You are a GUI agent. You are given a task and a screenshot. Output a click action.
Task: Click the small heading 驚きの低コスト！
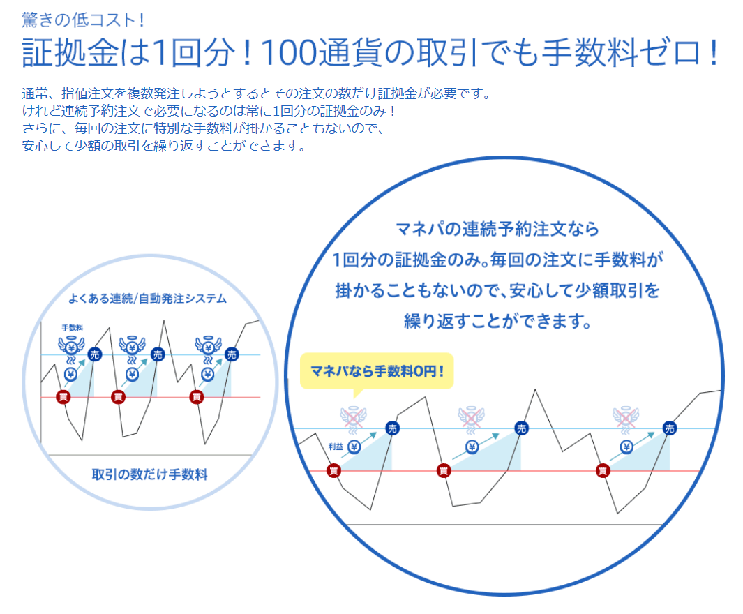(x=82, y=20)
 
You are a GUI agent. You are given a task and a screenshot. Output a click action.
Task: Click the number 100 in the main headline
(x=288, y=52)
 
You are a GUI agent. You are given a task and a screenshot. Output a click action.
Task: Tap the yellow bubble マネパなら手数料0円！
(x=377, y=371)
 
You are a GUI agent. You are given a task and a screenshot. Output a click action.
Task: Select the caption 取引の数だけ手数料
(x=150, y=474)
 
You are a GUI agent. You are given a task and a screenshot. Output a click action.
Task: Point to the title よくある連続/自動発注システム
(x=147, y=299)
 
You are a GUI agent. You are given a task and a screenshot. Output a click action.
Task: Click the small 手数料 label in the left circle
(x=73, y=328)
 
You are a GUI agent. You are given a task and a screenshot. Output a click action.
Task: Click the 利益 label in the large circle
(x=336, y=447)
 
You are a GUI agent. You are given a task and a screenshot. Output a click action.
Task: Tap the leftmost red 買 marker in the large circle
(x=334, y=471)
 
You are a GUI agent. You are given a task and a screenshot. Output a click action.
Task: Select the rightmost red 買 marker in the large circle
(x=603, y=471)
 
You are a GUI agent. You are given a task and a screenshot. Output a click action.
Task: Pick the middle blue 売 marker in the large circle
(x=521, y=428)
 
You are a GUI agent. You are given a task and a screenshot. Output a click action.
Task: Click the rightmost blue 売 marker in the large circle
(x=670, y=428)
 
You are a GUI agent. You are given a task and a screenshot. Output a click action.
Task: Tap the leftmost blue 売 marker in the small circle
(x=96, y=354)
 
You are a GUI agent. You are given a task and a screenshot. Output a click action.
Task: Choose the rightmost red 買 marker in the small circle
(x=197, y=397)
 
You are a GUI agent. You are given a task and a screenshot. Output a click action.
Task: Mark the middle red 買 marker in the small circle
(x=118, y=397)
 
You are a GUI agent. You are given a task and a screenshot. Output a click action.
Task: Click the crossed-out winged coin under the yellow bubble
(x=353, y=418)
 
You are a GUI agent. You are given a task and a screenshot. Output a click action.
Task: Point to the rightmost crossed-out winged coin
(x=626, y=418)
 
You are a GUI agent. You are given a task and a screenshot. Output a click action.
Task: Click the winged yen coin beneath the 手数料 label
(x=72, y=347)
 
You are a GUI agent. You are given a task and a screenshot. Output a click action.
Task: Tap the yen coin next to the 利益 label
(x=354, y=447)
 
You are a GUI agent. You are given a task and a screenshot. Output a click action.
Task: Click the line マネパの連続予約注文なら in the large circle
(x=497, y=230)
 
